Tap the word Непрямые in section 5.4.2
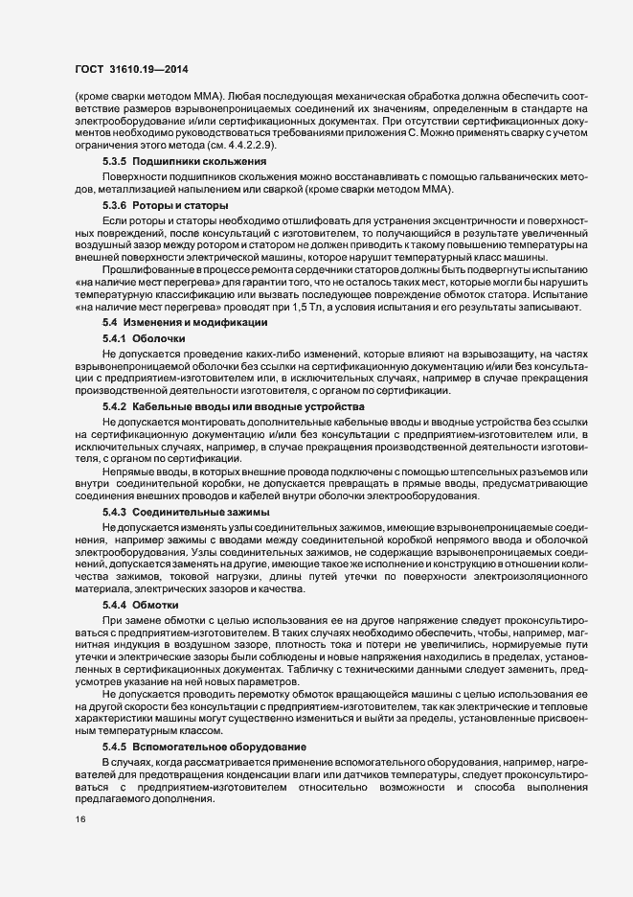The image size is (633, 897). pyautogui.click(x=124, y=471)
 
